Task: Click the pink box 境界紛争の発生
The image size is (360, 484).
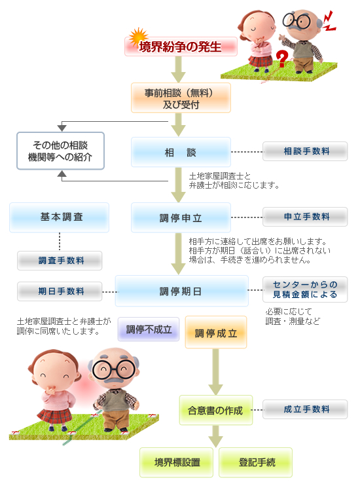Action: [181, 47]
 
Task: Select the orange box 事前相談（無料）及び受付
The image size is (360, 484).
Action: [181, 98]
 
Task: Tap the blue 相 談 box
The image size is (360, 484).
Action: [181, 152]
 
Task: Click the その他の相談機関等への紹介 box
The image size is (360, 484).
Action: [60, 151]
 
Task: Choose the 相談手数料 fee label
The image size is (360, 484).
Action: [305, 151]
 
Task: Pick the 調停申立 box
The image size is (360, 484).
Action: [181, 217]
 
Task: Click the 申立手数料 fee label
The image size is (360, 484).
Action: [305, 217]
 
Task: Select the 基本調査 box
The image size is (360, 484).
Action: [59, 217]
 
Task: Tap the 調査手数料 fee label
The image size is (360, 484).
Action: [60, 261]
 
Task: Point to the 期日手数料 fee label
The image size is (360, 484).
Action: [60, 291]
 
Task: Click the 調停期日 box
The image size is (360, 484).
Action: [182, 291]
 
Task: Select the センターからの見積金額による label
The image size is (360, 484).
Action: [305, 289]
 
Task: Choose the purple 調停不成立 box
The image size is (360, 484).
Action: [149, 329]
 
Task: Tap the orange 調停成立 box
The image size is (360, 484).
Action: [216, 333]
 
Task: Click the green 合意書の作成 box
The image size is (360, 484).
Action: [216, 410]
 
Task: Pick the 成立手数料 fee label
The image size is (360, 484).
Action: [305, 409]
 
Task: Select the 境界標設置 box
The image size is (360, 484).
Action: [177, 462]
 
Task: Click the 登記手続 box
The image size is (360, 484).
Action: [256, 462]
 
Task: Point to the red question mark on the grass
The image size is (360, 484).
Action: [281, 59]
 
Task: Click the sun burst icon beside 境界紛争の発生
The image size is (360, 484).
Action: [138, 37]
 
